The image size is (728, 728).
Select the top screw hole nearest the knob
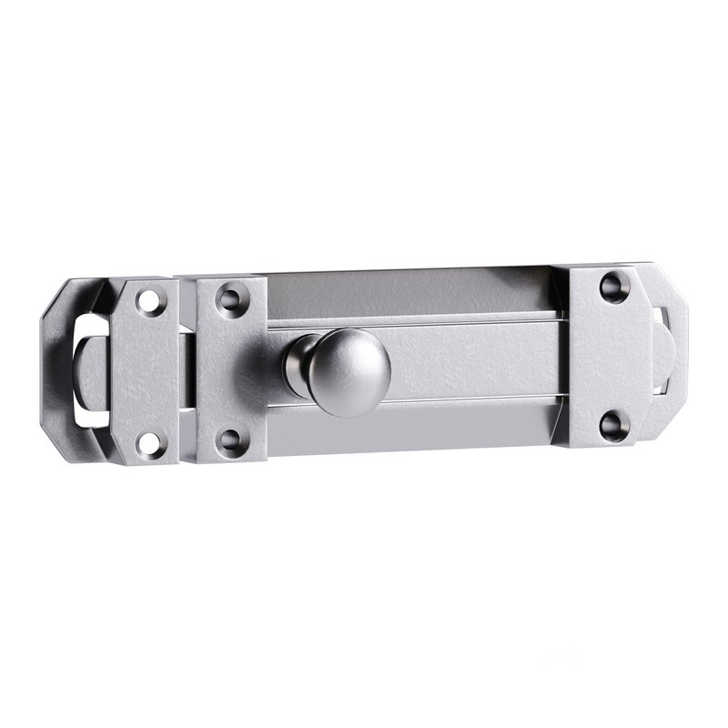pyautogui.click(x=229, y=296)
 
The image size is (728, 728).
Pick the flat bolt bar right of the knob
pyautogui.click(x=473, y=359)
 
